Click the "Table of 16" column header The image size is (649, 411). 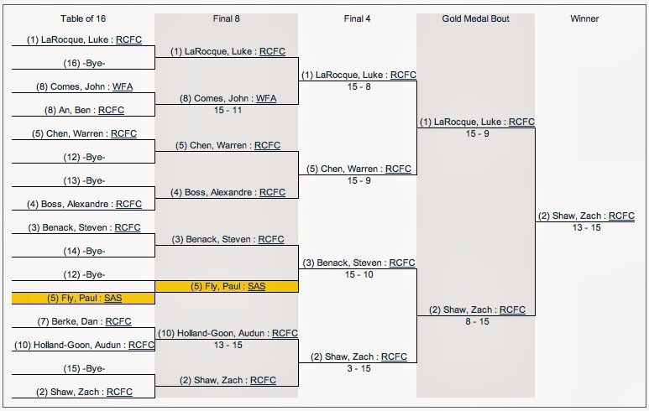pos(83,18)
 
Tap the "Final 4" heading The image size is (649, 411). pos(359,18)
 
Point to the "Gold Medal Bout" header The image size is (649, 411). pos(475,18)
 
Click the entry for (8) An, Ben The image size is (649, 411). pos(83,109)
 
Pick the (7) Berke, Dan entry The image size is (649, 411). pos(83,321)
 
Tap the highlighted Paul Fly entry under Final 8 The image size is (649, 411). pos(226,286)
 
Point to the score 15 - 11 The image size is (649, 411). pos(226,109)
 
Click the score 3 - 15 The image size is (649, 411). pos(359,368)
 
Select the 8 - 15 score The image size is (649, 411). pos(476,321)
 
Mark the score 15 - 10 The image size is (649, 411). pos(359,274)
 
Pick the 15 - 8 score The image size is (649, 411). pos(359,86)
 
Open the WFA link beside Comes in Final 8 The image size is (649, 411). pos(266,98)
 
